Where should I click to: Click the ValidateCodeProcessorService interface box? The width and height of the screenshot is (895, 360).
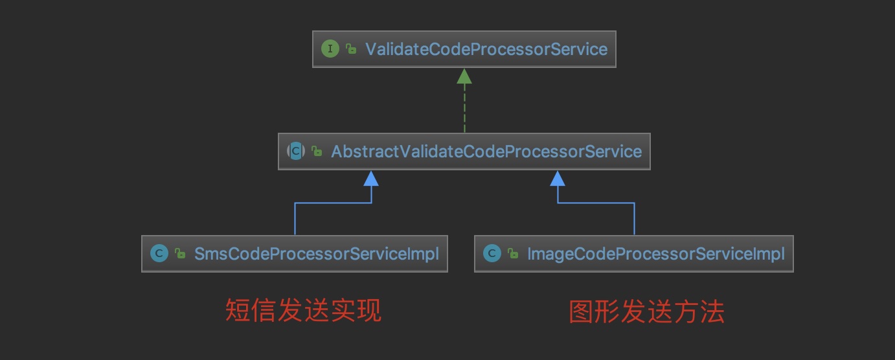tap(464, 49)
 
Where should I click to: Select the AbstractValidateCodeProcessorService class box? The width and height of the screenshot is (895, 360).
tap(464, 152)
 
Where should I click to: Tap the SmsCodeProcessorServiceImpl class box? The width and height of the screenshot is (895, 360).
tap(294, 253)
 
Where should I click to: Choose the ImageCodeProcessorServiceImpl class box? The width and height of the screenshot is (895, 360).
tap(633, 253)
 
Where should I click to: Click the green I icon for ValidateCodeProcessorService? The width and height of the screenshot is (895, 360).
tap(330, 49)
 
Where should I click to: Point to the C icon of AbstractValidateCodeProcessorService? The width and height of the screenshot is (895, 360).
tap(295, 152)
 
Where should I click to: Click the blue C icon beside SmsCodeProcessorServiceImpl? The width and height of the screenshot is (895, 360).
tap(159, 253)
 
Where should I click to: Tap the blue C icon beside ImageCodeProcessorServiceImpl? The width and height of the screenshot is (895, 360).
tap(492, 253)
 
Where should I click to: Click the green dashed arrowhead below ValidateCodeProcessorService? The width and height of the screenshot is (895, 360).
tap(464, 76)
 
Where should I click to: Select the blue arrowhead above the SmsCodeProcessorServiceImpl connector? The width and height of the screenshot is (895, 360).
tap(371, 178)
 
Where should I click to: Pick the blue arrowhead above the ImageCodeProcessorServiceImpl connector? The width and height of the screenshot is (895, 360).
tap(558, 178)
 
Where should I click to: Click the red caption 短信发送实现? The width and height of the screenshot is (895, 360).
tap(303, 310)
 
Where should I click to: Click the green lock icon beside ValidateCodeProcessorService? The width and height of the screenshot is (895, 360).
tap(351, 49)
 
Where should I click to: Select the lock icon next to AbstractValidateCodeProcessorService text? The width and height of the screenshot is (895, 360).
tap(317, 152)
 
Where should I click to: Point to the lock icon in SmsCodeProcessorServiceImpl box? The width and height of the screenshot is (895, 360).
tap(180, 253)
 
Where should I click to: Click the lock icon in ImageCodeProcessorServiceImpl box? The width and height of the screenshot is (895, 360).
tap(513, 253)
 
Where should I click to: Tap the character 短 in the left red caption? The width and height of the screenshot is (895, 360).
tap(238, 310)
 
